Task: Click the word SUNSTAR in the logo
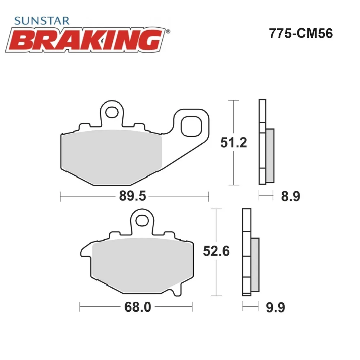(x=41, y=21)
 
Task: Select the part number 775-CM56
(x=301, y=33)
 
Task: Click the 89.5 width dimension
(x=132, y=196)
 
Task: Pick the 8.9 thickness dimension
(x=291, y=197)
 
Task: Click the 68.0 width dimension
(x=138, y=307)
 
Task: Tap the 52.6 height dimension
(x=216, y=251)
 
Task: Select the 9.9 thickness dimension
(x=275, y=307)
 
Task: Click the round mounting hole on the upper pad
(x=112, y=112)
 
